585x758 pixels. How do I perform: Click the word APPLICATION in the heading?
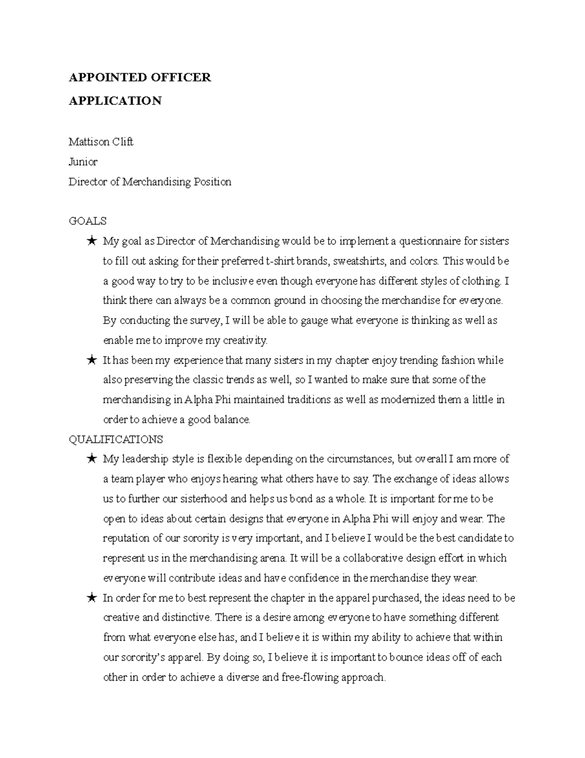[115, 101]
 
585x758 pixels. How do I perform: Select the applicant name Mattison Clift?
[101, 142]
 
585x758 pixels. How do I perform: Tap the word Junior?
[83, 162]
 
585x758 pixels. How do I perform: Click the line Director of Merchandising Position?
[150, 182]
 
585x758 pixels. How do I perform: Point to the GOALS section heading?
[87, 221]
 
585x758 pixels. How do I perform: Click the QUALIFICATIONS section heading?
[116, 439]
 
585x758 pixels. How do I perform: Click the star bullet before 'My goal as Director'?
[91, 241]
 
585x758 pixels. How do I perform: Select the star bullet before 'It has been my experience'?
[91, 361]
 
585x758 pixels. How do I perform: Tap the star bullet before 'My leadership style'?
[91, 459]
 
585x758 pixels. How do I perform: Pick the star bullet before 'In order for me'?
[91, 598]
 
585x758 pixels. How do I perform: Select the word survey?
[203, 321]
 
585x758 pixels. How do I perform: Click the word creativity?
[241, 340]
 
